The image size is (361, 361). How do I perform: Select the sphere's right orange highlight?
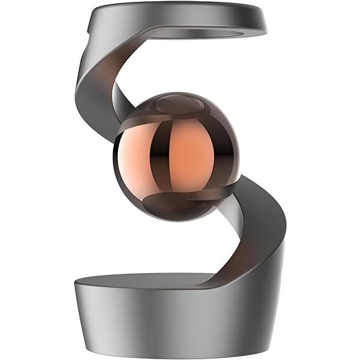coord(193,153)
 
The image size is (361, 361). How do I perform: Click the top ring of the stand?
coord(180,18)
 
